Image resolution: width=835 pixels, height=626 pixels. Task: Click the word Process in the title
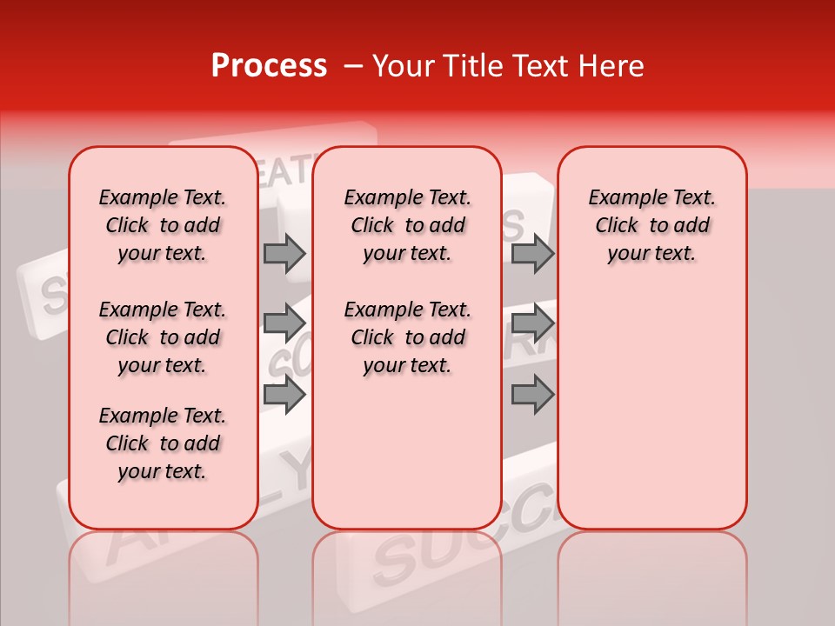click(269, 66)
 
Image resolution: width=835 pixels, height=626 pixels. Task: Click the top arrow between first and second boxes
click(284, 254)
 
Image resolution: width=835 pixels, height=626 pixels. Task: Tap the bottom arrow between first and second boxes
click(284, 394)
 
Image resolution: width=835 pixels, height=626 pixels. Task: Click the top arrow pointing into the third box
click(532, 254)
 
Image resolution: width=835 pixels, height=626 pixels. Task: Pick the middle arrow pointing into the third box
click(532, 323)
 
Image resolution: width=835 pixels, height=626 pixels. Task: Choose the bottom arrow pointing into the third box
click(532, 394)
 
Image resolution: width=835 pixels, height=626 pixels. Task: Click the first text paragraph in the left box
click(163, 225)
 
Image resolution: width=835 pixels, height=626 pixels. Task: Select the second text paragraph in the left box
click(163, 337)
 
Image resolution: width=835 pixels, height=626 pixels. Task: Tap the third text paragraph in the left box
click(163, 443)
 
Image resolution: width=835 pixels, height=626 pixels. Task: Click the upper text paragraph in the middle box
click(407, 225)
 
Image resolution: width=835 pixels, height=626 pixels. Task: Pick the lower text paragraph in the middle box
click(407, 337)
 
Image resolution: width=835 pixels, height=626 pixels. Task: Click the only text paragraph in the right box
click(651, 225)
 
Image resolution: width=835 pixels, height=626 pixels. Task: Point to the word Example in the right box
click(620, 198)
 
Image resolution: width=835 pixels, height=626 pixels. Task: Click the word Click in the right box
click(617, 226)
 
